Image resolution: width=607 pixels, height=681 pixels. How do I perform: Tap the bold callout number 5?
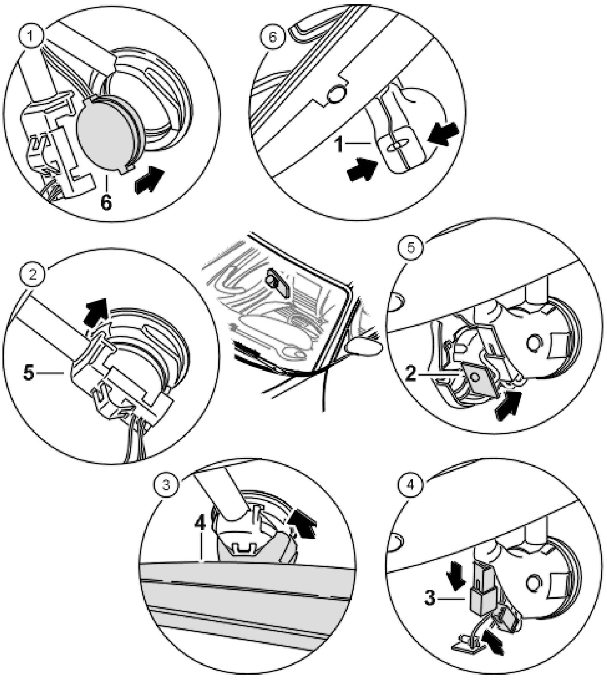tap(29, 373)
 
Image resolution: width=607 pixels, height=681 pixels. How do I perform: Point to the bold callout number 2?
tap(411, 374)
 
